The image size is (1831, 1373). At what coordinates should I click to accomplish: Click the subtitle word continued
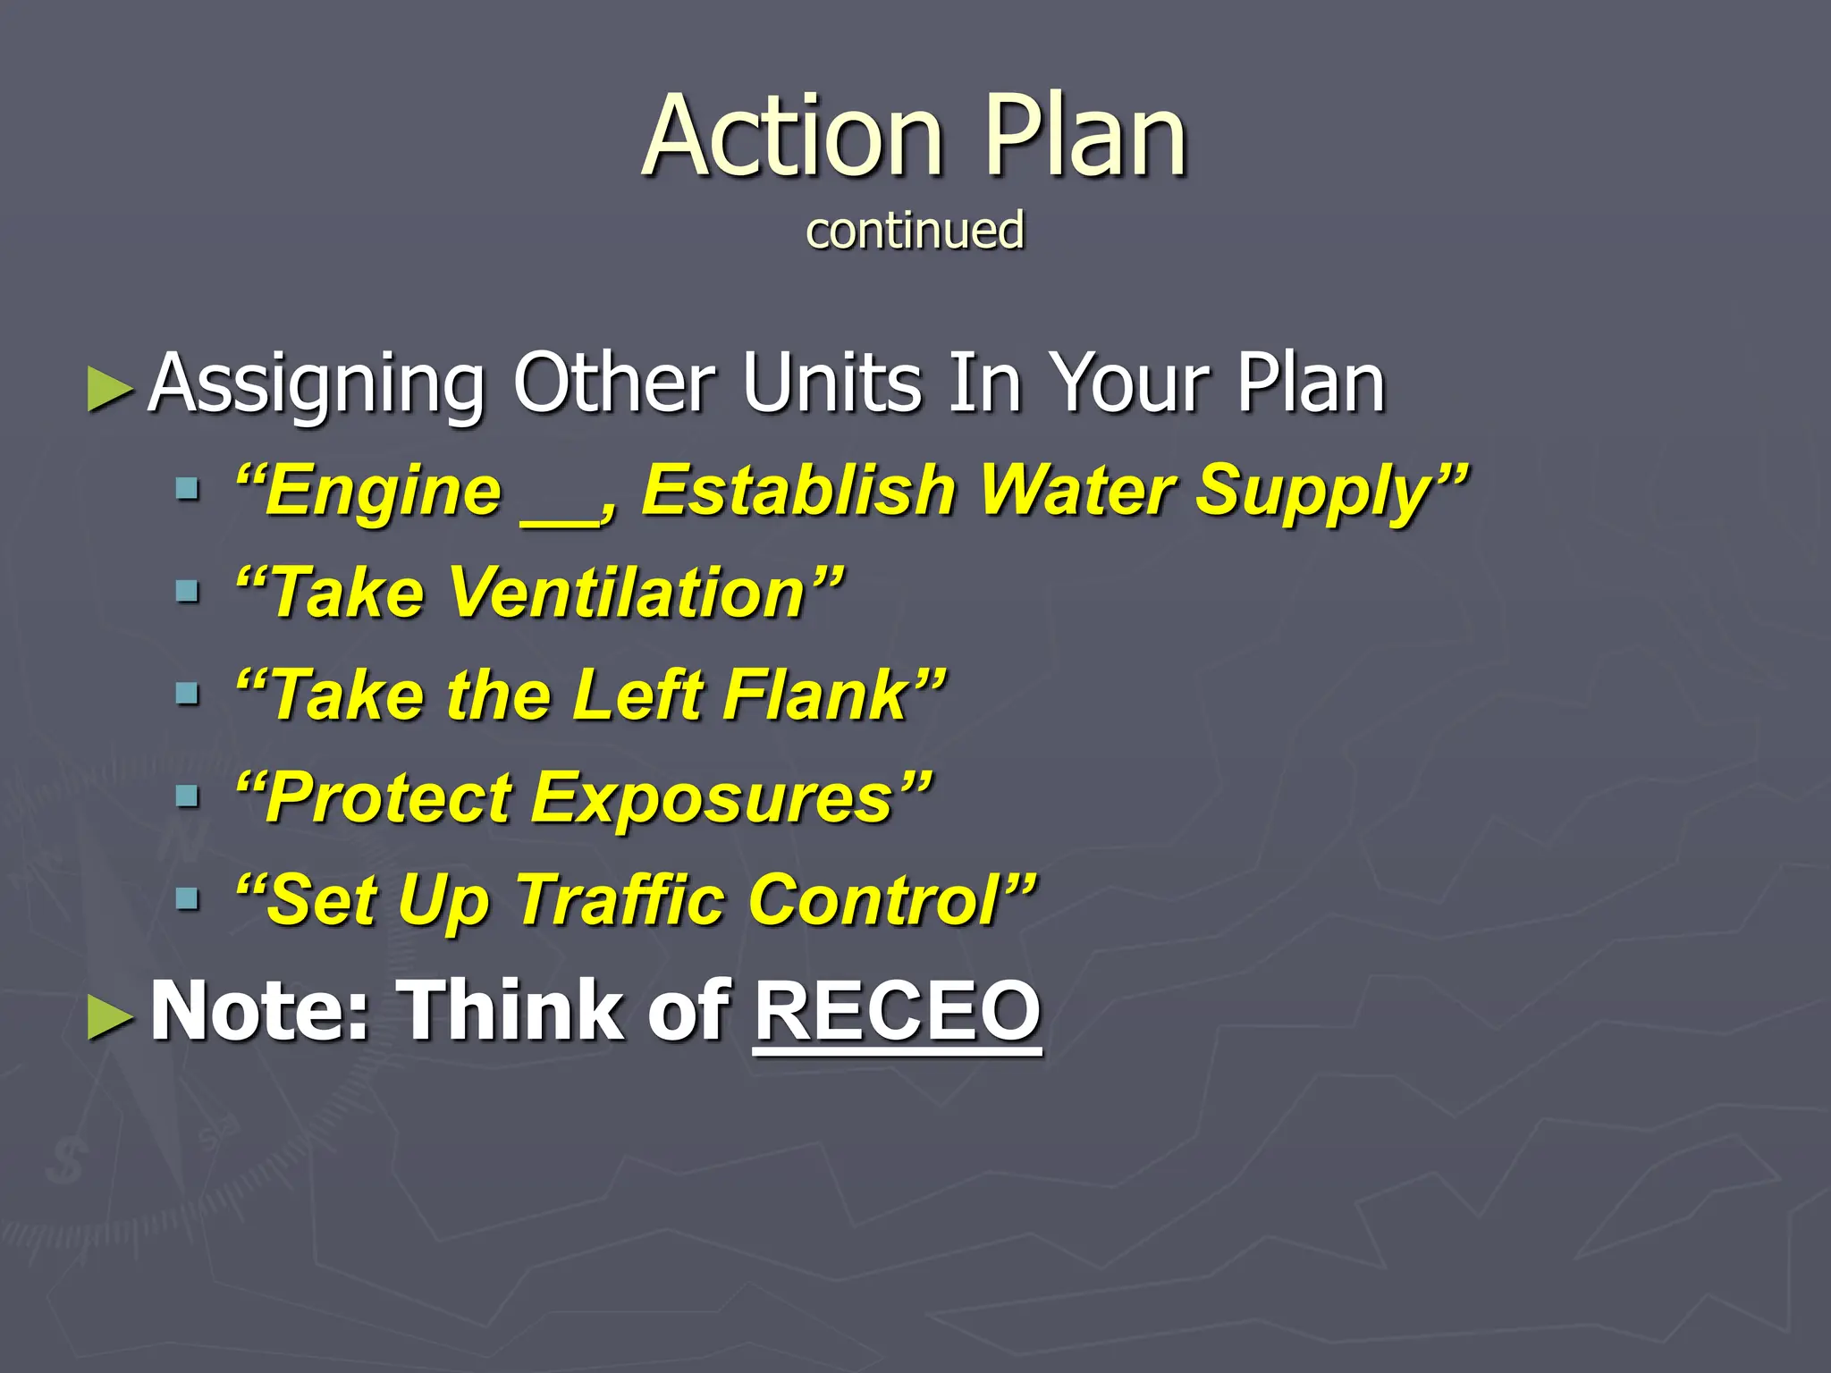[x=915, y=230]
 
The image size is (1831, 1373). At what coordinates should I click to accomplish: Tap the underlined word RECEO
[x=898, y=1010]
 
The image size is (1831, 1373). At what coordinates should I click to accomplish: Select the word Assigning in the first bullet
[x=316, y=384]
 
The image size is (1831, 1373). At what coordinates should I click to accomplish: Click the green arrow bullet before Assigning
[x=111, y=390]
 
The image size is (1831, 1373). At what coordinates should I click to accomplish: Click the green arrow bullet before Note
[x=111, y=1017]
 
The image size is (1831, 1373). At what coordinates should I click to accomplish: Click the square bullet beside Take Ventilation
[x=188, y=591]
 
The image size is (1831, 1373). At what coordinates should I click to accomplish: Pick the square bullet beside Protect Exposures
[x=188, y=796]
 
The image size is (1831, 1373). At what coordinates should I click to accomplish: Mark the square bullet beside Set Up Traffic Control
[x=188, y=897]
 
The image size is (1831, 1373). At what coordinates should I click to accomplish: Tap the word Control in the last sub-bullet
[x=874, y=899]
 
